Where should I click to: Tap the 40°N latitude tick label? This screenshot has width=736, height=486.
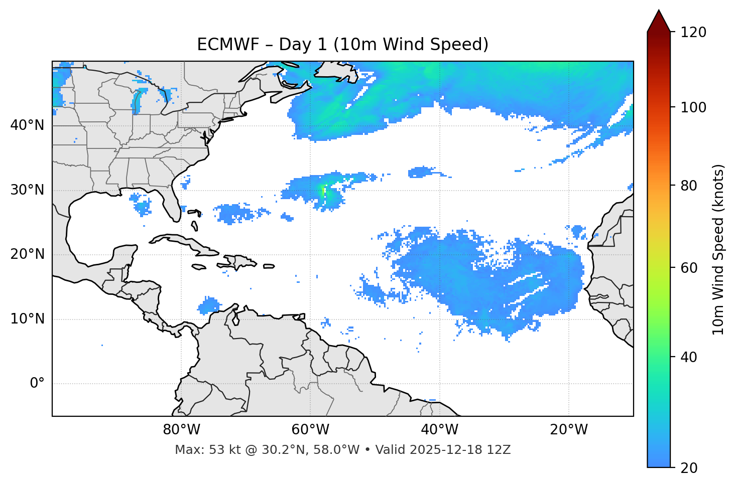pos(27,125)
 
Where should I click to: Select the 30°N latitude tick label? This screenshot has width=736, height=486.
pos(27,190)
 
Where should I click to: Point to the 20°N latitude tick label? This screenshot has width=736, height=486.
pos(27,254)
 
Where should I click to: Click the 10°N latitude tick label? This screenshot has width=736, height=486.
pos(27,319)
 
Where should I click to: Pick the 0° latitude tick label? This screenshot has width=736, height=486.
pos(37,384)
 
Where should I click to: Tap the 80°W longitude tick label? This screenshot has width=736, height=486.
pos(181,430)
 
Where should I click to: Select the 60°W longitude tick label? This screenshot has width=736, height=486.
pos(310,430)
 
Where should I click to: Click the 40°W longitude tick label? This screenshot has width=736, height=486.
pos(439,430)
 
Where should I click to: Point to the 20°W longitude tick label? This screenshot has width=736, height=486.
pos(568,430)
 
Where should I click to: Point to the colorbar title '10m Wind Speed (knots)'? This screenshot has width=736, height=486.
pos(718,249)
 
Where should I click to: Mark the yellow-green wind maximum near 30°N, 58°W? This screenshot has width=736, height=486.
pos(323,190)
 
